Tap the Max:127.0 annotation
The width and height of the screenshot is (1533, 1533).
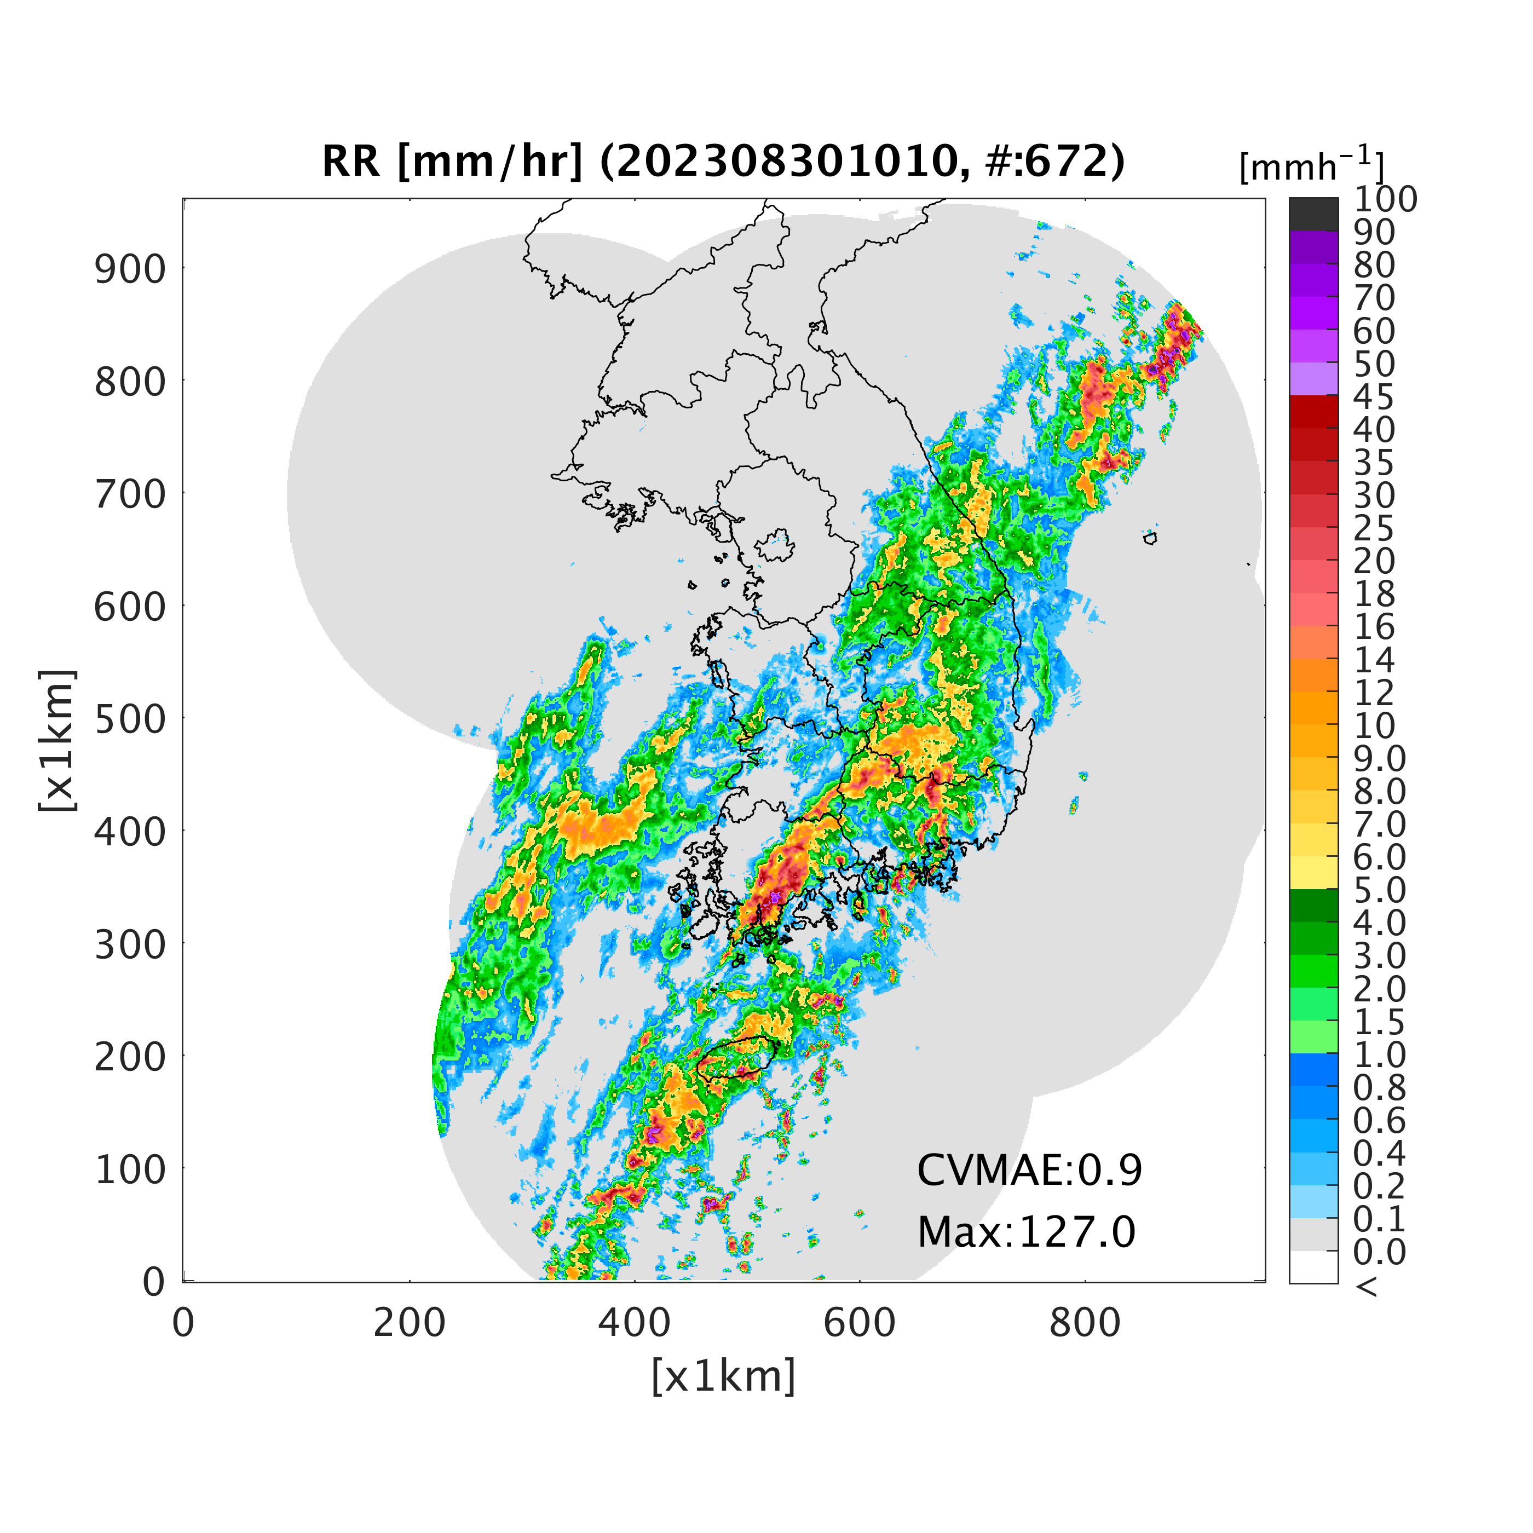(1027, 1232)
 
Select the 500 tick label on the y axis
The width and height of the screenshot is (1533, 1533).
(131, 719)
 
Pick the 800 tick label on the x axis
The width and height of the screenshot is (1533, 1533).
(1085, 1323)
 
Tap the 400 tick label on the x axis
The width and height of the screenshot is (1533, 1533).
(634, 1323)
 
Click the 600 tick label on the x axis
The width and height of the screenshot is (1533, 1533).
(860, 1323)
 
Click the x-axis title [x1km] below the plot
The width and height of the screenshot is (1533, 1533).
(723, 1376)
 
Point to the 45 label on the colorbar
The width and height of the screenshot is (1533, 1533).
(1374, 397)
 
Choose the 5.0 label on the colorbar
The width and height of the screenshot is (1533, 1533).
(1380, 890)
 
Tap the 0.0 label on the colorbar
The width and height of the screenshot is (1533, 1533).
(1380, 1252)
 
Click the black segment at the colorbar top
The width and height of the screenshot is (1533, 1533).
(1313, 214)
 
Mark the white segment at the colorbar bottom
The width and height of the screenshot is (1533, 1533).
(1313, 1267)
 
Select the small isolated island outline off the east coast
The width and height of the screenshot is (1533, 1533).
(1150, 539)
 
